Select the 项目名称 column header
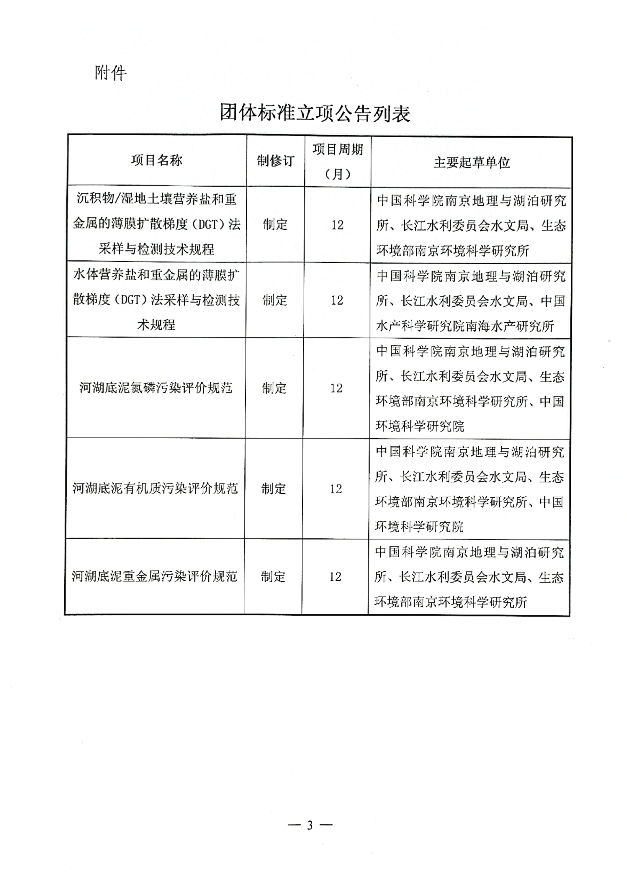[x=157, y=160]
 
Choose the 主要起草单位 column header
[x=471, y=162]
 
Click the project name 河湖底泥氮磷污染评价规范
[x=156, y=387]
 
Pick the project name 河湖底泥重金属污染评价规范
[x=154, y=576]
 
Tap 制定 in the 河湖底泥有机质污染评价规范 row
[x=273, y=489]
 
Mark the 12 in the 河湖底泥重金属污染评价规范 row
[x=335, y=577]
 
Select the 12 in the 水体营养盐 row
[x=337, y=300]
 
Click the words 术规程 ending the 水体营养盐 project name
[x=156, y=324]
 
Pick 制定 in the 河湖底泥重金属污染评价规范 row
[x=273, y=577]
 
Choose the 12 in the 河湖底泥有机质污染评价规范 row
[x=336, y=489]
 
